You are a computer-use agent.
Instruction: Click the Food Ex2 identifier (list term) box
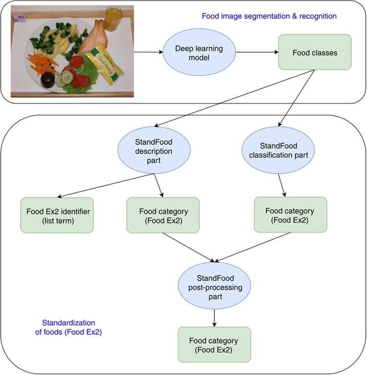57,215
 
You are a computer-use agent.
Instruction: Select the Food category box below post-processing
214,345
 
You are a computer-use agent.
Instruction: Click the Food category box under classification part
290,215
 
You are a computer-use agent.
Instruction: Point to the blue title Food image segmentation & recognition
269,16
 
